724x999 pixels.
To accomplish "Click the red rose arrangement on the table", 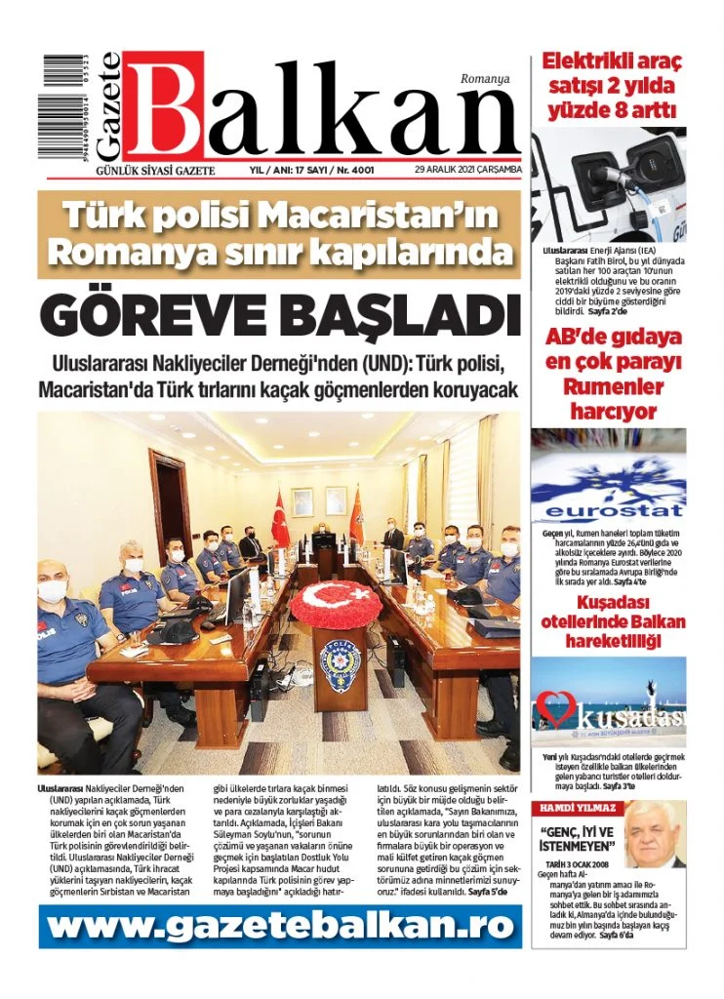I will tap(336, 605).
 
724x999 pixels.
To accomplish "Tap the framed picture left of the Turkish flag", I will tap(302, 501).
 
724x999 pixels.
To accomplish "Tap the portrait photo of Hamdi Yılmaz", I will tap(654, 835).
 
